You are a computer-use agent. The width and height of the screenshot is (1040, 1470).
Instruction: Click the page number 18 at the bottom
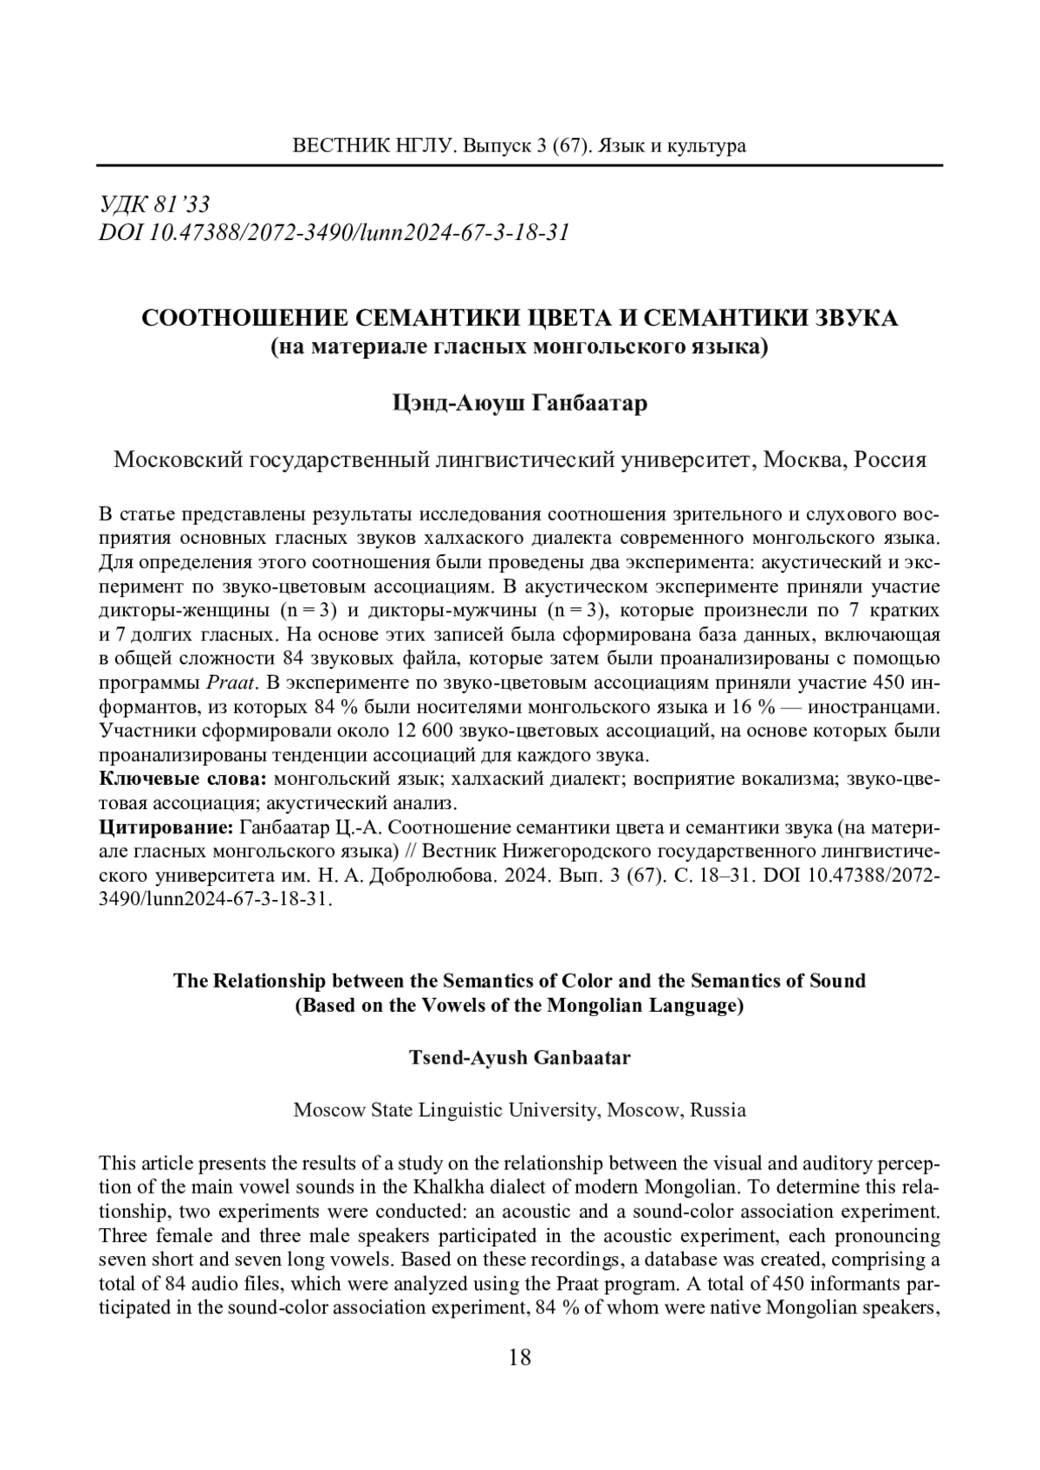click(520, 1358)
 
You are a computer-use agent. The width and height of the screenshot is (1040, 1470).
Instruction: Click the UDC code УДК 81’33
click(155, 205)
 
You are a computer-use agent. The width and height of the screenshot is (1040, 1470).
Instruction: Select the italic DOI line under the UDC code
click(335, 232)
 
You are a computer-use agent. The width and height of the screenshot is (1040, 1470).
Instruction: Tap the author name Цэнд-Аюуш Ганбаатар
click(520, 405)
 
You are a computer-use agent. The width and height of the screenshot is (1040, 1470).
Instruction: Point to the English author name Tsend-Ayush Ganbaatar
click(519, 1058)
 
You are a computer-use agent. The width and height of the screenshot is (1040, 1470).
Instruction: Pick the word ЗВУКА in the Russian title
click(853, 318)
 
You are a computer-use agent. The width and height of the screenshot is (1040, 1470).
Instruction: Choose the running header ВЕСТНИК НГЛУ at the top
click(370, 146)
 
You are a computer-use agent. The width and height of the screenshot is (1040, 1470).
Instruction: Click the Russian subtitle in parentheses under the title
click(520, 348)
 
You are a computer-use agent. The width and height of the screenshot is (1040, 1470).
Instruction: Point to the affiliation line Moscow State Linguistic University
click(519, 1110)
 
